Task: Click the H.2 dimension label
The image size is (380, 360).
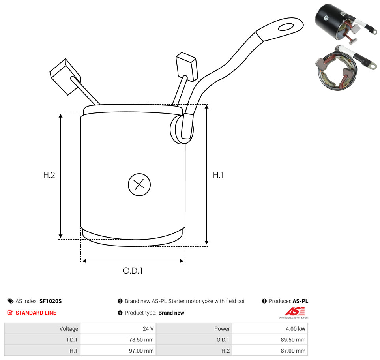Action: (x=49, y=175)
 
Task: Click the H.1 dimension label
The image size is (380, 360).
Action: (x=218, y=175)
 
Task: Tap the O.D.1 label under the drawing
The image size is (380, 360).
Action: (x=133, y=270)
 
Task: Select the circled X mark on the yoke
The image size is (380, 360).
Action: (x=139, y=185)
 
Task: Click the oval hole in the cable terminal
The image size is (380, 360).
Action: (x=286, y=27)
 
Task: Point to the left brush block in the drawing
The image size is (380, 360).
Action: (x=65, y=76)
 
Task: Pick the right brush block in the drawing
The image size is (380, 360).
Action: (x=187, y=66)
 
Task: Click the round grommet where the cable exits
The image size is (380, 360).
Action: (x=182, y=129)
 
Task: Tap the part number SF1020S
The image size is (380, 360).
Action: (x=51, y=301)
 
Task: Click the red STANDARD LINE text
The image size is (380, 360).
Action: (x=36, y=313)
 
